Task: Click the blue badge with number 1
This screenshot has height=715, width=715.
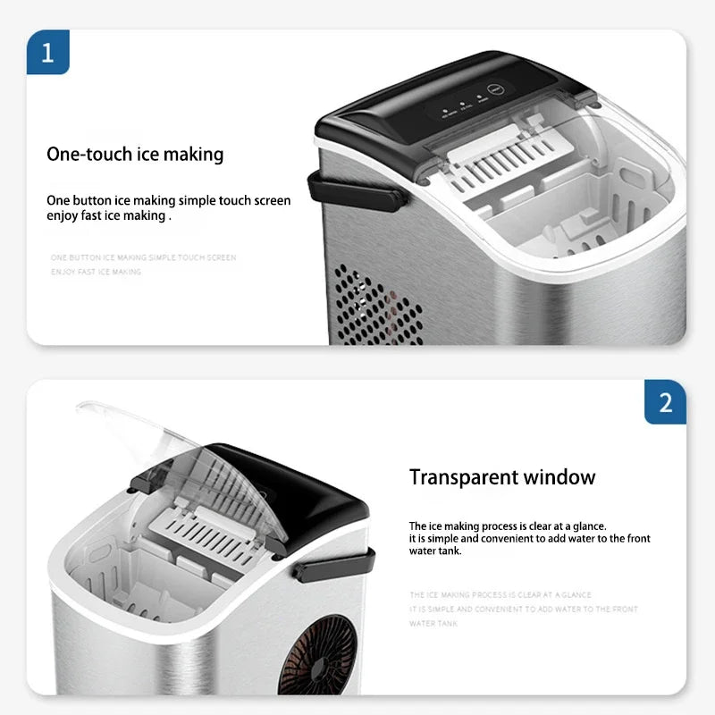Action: (47, 51)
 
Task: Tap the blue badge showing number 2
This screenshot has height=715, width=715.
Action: (665, 402)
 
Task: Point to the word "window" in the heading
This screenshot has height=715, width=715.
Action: (560, 476)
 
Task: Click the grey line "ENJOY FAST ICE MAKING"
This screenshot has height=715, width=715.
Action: (96, 272)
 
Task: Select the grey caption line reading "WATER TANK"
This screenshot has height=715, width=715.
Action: (433, 624)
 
